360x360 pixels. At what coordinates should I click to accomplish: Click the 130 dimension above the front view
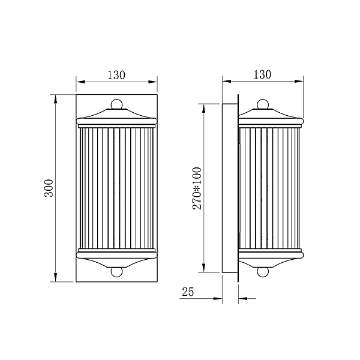click(x=116, y=75)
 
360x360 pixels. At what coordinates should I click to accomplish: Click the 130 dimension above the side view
click(x=262, y=74)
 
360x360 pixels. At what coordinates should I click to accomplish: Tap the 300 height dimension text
click(x=49, y=188)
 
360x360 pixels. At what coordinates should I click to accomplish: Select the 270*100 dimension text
click(x=197, y=188)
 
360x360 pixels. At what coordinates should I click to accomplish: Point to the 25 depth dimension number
click(x=188, y=292)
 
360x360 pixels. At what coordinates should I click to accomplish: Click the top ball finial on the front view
click(x=116, y=104)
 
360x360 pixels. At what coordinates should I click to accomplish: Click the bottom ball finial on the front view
click(x=116, y=272)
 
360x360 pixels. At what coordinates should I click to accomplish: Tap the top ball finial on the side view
click(x=263, y=104)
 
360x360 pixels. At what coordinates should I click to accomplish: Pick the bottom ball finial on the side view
click(x=263, y=272)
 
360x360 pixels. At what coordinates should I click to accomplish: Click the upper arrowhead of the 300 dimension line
click(x=55, y=99)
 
